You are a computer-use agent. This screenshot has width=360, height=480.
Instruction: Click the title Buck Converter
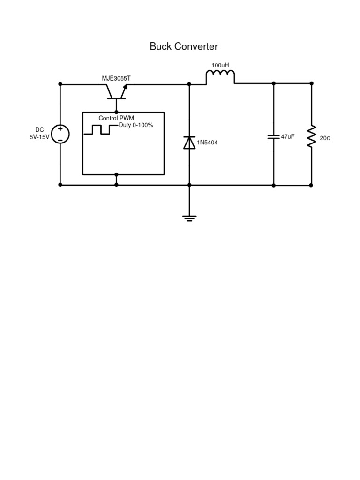point(184,46)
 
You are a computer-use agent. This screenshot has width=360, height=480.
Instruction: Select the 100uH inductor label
point(220,65)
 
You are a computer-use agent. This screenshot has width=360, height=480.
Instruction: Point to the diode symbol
point(189,142)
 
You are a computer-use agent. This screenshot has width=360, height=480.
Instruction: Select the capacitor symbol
point(274,137)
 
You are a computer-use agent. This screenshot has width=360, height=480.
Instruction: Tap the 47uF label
point(287,137)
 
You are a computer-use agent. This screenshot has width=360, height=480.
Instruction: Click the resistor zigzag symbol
point(311,136)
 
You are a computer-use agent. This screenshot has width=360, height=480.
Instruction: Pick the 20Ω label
point(325,139)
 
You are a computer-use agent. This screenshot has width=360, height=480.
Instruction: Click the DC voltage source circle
point(60,134)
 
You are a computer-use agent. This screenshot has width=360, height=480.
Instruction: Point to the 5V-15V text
point(39,137)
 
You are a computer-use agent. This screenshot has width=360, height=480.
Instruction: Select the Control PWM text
point(116,118)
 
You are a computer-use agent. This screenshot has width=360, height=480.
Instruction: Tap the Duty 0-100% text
point(136,125)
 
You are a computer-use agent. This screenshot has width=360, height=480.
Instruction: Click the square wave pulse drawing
point(100,129)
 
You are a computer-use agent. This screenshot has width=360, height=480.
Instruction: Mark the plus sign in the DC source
point(60,129)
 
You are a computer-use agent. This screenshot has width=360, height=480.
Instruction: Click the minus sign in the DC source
point(60,139)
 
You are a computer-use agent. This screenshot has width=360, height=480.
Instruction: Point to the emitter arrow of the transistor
point(125,87)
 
